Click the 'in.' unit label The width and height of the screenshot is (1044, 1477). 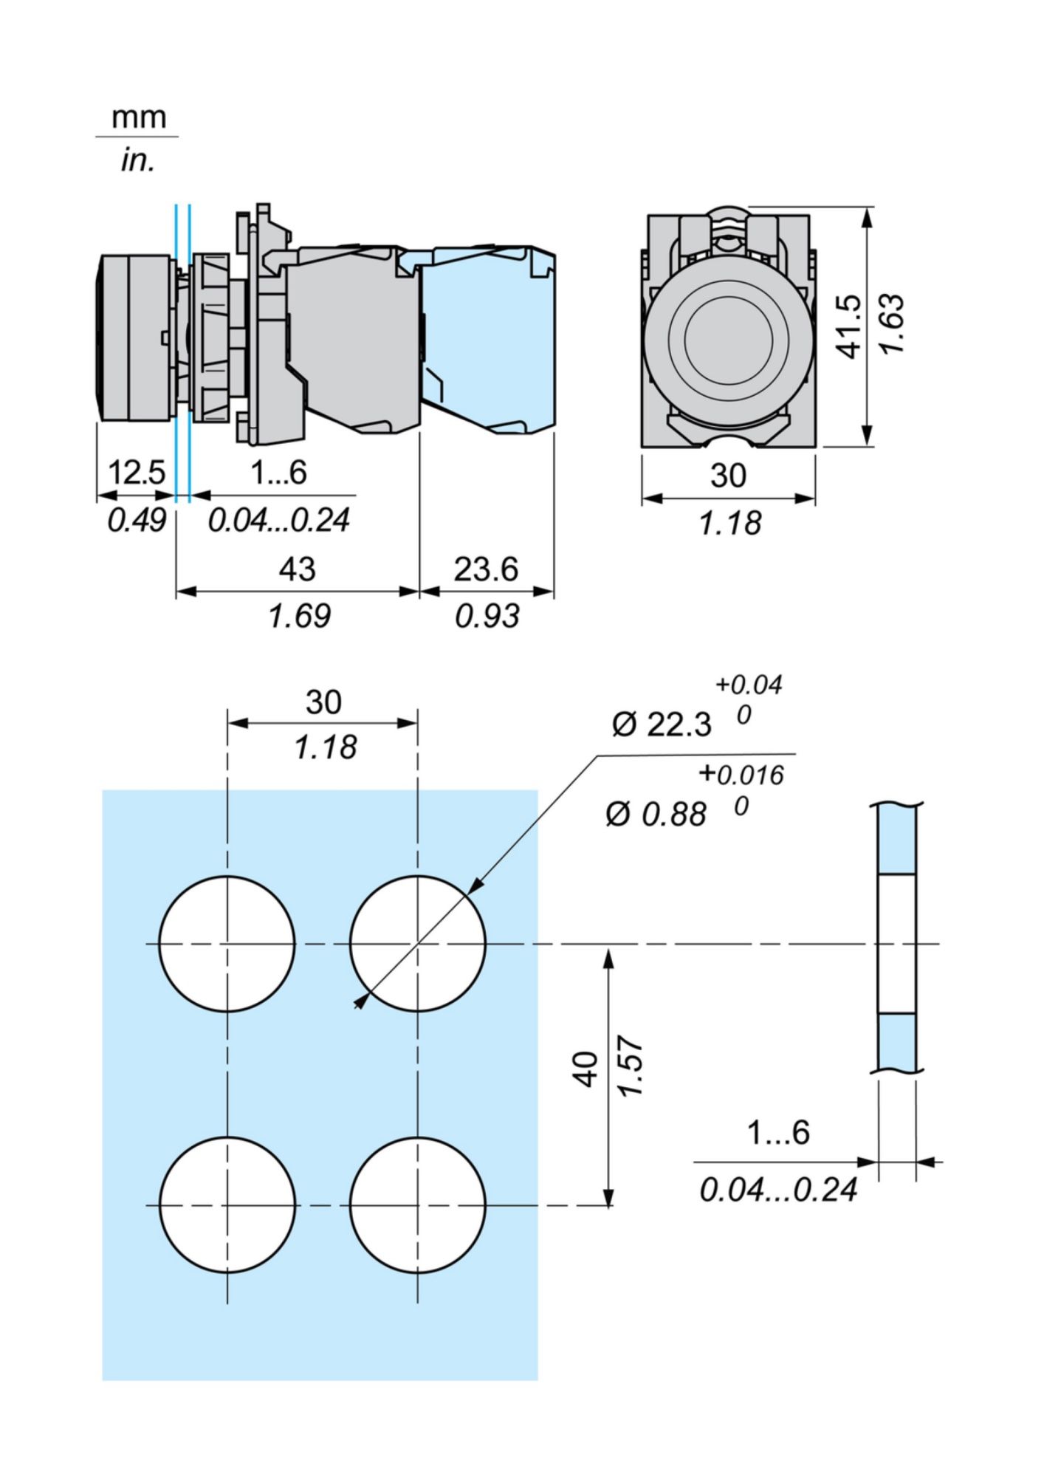tap(138, 160)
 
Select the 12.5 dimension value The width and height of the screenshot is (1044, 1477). tap(137, 473)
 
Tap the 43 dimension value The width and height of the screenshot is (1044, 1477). tap(297, 569)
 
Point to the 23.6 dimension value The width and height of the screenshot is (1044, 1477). tap(486, 569)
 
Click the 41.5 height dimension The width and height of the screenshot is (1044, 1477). tap(851, 326)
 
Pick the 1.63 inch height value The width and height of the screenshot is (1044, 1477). tap(893, 323)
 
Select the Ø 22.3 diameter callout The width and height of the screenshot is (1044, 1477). tap(662, 725)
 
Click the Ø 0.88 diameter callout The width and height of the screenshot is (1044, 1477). tap(656, 814)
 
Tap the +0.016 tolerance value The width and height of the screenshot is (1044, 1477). tap(741, 775)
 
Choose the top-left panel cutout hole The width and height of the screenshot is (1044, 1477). tap(227, 944)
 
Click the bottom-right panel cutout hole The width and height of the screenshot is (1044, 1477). tap(418, 1205)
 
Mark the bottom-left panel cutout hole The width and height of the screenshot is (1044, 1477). tap(227, 1205)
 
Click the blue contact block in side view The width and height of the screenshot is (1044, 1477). tap(487, 340)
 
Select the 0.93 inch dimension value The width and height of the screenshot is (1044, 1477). tap(487, 616)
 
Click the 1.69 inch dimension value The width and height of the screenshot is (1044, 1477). tap(299, 616)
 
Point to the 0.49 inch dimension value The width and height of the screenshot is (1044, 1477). tap(137, 521)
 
